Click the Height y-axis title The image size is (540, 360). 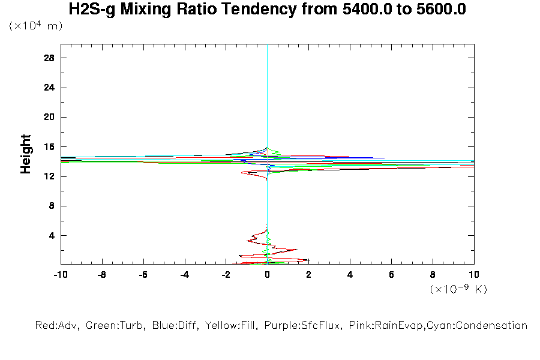point(26,154)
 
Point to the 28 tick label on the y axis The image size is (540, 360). point(49,58)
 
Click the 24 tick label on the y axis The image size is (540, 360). point(49,88)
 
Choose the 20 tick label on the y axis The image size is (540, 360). point(49,117)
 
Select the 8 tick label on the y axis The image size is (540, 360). point(52,206)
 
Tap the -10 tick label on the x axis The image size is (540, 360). point(60,275)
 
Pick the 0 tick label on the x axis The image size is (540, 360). point(268,275)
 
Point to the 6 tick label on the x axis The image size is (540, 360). point(391,275)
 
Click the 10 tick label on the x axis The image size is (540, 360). point(474,275)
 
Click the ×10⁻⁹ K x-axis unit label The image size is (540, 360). point(458,289)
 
